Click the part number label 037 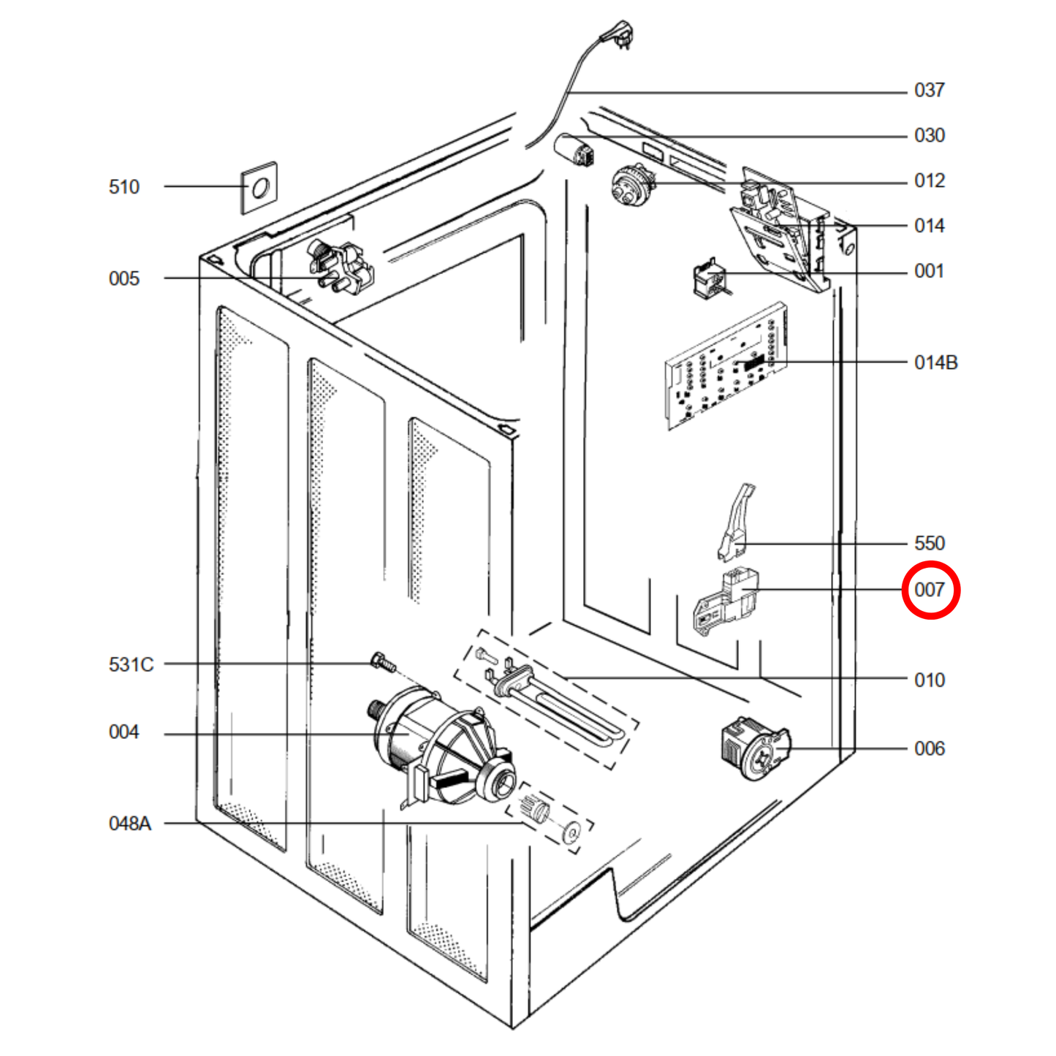point(929,91)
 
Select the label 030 point(929,136)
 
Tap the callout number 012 point(929,181)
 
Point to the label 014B point(935,363)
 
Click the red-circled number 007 point(930,590)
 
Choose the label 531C point(132,665)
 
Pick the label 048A point(130,824)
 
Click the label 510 point(124,187)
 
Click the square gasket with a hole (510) point(259,188)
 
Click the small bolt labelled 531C point(383,662)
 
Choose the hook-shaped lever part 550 point(735,524)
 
